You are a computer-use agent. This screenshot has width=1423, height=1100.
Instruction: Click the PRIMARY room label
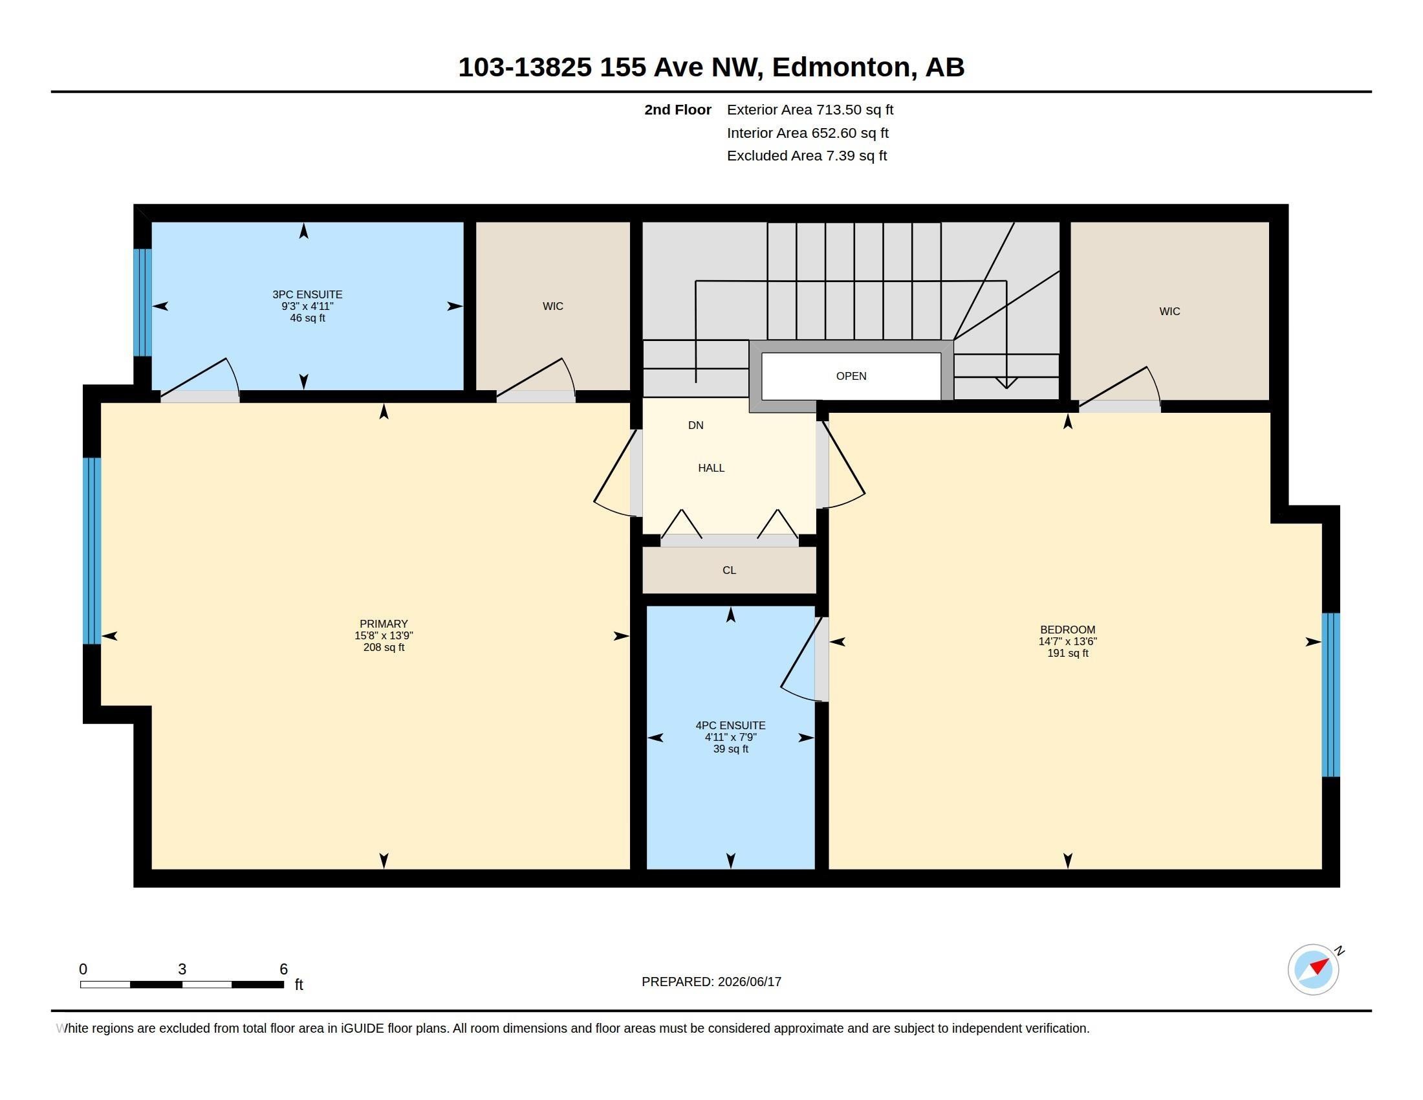(383, 624)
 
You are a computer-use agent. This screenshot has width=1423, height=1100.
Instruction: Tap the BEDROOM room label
(1067, 630)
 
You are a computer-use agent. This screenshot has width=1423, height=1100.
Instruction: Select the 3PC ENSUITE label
(307, 294)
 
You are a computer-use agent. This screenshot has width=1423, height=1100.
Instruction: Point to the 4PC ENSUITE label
(730, 725)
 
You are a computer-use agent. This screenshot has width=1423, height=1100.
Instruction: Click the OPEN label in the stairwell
(851, 376)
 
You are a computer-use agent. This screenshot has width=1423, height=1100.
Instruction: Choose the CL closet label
(729, 570)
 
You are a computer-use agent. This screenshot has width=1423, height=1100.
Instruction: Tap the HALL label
(711, 468)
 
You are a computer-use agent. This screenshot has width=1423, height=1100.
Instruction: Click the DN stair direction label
(695, 426)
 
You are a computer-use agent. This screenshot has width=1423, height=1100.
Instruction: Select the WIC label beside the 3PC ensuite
(552, 306)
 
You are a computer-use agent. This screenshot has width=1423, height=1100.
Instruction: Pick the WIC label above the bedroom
(1169, 311)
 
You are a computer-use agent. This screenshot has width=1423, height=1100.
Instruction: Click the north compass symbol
(1314, 969)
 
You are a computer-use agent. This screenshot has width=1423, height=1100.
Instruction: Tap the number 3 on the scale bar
(182, 969)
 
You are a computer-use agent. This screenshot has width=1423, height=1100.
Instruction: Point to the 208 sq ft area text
(384, 647)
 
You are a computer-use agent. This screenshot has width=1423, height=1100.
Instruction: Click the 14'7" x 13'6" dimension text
(1067, 641)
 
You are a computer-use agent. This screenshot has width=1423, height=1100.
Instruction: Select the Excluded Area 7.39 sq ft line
(807, 156)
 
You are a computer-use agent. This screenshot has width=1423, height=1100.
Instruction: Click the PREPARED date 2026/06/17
(748, 982)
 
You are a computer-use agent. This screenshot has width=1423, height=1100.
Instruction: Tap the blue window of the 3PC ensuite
(143, 302)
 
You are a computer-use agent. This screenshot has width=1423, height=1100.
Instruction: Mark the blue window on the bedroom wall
(1331, 695)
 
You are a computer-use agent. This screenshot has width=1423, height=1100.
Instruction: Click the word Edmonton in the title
(840, 67)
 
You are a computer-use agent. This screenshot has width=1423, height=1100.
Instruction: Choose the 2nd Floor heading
(678, 109)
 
